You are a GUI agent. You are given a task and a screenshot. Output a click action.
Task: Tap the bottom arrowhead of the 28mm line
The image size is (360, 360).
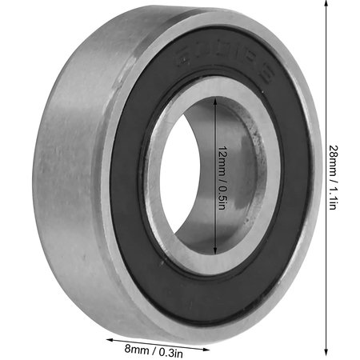coord(326,354)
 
